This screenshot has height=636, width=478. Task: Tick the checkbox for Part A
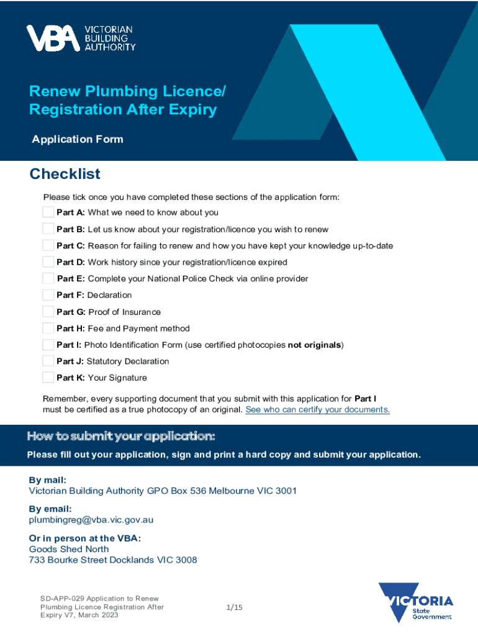(x=48, y=212)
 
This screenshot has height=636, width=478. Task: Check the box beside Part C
(x=48, y=245)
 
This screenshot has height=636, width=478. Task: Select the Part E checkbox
(x=48, y=278)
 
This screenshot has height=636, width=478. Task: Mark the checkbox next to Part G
(x=48, y=312)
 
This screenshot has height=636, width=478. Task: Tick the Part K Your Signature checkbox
(x=48, y=378)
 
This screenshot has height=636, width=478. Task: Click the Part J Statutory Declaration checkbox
(x=48, y=361)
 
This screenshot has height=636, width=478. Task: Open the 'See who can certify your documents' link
(x=318, y=410)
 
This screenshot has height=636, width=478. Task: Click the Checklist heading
(x=65, y=174)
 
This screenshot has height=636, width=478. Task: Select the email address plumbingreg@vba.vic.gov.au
(x=91, y=520)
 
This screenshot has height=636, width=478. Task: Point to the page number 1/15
(x=234, y=607)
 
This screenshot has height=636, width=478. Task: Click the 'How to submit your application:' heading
(x=121, y=436)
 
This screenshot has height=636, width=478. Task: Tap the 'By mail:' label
(x=48, y=480)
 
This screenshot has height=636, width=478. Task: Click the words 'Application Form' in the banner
(x=78, y=139)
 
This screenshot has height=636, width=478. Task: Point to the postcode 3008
(x=186, y=560)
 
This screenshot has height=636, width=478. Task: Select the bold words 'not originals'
(x=315, y=345)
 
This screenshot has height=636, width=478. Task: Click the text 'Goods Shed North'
(x=69, y=549)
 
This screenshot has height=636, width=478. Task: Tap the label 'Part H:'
(x=70, y=329)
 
